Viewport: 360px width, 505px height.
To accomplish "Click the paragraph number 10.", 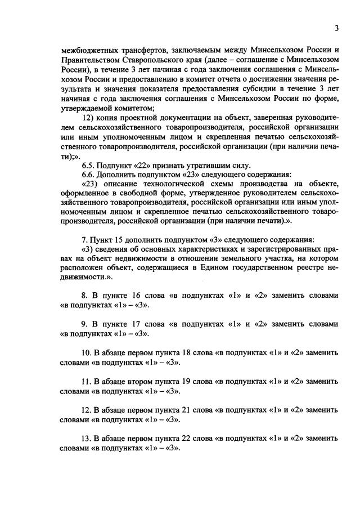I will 87,353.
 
